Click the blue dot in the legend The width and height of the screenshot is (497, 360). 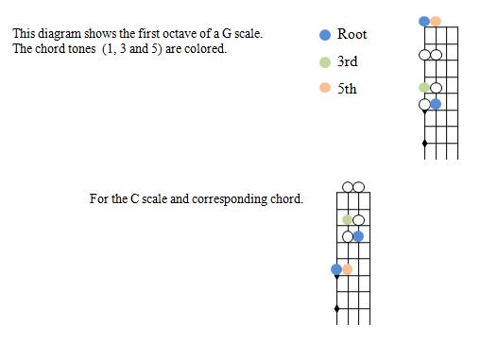tap(325, 34)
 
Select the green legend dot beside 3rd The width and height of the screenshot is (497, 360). tap(325, 61)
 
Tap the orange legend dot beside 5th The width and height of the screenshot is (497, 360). tap(325, 89)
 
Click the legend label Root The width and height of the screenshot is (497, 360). tap(351, 34)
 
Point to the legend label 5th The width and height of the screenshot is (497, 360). tap(347, 89)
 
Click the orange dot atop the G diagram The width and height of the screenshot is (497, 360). tap(436, 21)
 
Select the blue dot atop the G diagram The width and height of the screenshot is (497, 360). tap(424, 21)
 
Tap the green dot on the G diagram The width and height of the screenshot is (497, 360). tap(424, 88)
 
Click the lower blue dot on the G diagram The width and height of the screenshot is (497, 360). tap(436, 104)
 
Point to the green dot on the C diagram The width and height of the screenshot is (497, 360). tap(348, 220)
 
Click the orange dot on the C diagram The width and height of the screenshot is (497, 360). tap(348, 269)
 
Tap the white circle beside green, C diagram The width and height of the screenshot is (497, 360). tap(359, 220)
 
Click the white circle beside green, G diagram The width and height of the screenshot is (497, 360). tap(436, 88)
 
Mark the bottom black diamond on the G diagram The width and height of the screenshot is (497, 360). tap(424, 144)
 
